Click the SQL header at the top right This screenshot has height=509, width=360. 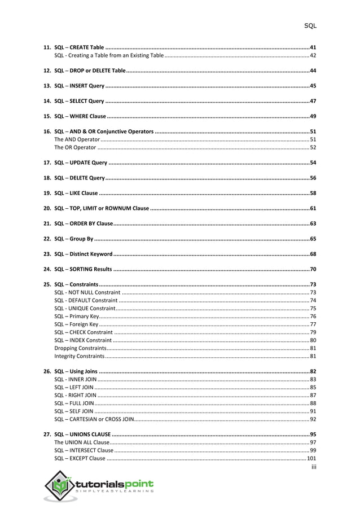click(x=310, y=25)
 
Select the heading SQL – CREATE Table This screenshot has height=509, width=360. click(x=79, y=47)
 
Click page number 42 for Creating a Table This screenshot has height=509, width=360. click(x=313, y=56)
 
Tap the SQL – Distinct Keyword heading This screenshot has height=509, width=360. click(x=84, y=254)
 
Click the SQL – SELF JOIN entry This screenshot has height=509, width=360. click(x=74, y=411)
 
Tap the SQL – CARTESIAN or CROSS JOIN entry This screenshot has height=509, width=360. click(x=94, y=419)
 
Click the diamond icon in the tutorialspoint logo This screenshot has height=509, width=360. click(x=59, y=486)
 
